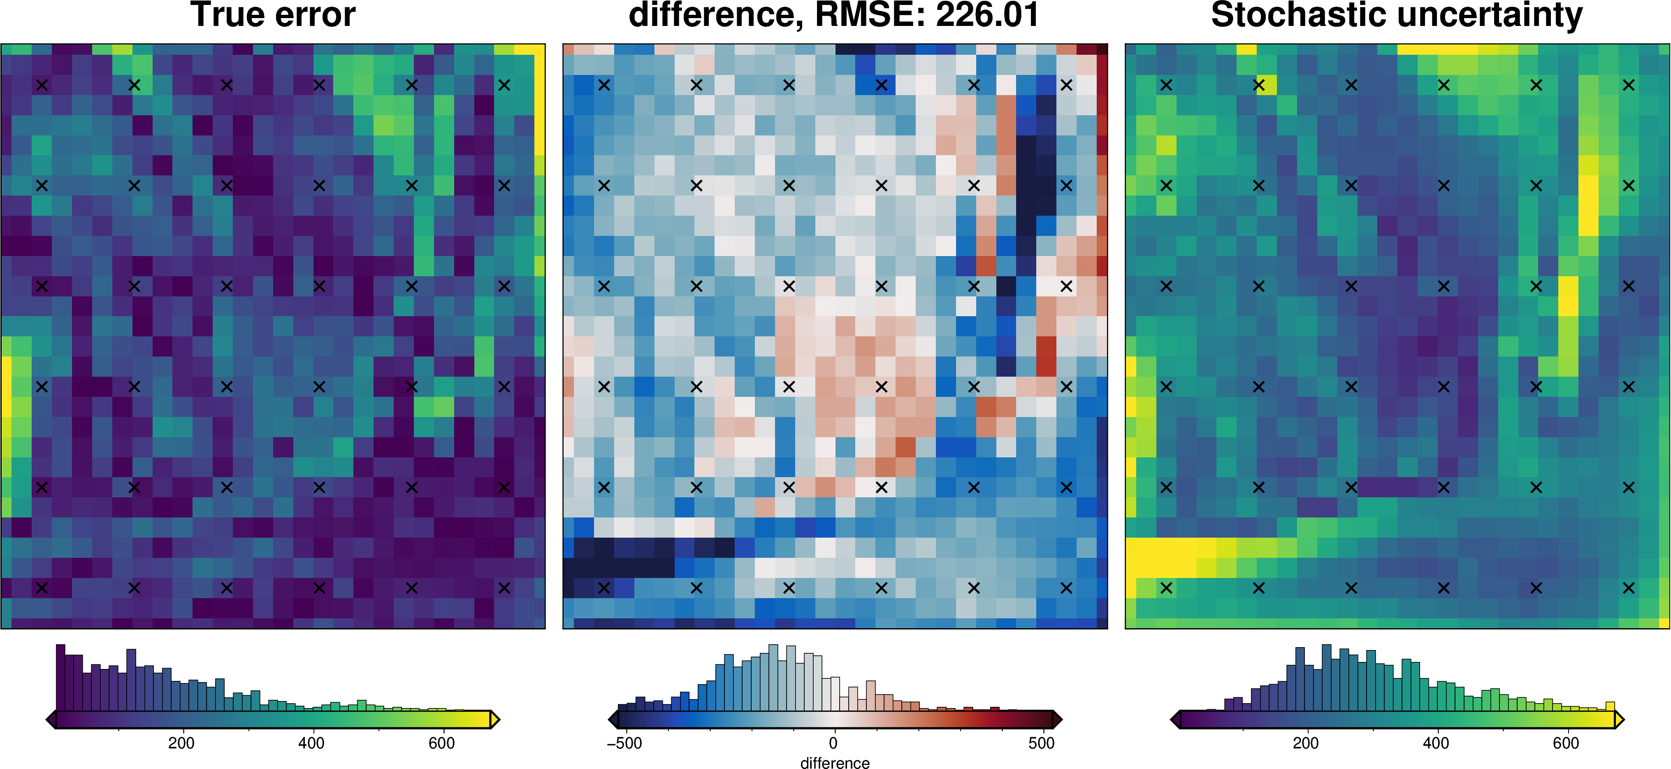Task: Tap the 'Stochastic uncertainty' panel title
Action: pyautogui.click(x=1397, y=16)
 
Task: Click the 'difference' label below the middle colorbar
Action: pyautogui.click(x=835, y=763)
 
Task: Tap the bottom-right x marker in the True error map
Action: pyautogui.click(x=504, y=588)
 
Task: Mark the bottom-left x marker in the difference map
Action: pyautogui.click(x=604, y=588)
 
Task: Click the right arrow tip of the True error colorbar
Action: pyautogui.click(x=499, y=720)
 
